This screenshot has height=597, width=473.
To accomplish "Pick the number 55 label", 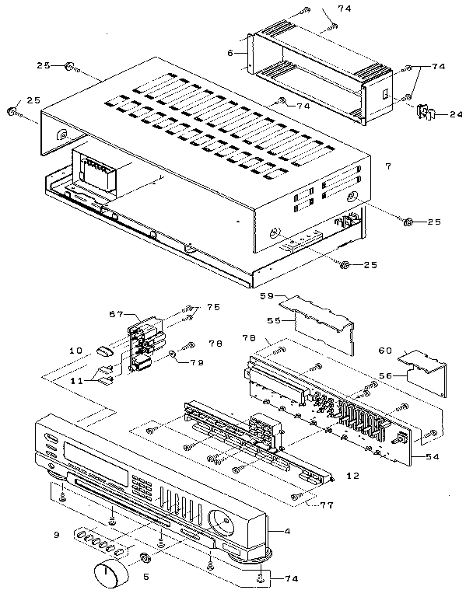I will (x=274, y=319).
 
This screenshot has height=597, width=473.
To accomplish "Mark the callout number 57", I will (x=116, y=314).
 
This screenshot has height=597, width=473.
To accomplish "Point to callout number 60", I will (x=385, y=350).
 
